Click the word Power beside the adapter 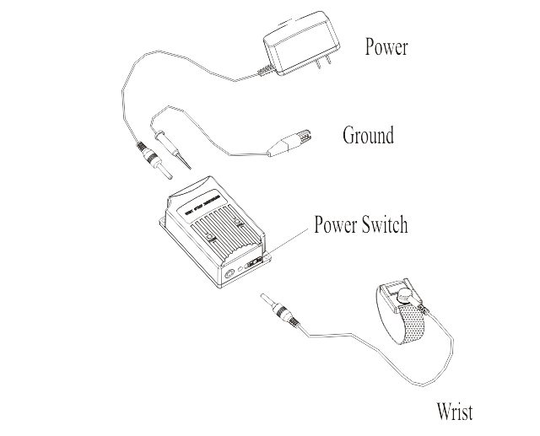pyautogui.click(x=386, y=46)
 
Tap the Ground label pyautogui.click(x=368, y=135)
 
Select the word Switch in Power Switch pyautogui.click(x=385, y=224)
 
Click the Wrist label pyautogui.click(x=455, y=411)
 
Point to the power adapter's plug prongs pyautogui.click(x=324, y=62)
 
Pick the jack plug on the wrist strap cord pyautogui.click(x=280, y=310)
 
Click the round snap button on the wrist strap pyautogui.click(x=405, y=296)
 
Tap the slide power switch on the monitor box pyautogui.click(x=253, y=263)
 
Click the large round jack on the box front pyautogui.click(x=229, y=274)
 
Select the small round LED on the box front pyautogui.click(x=240, y=270)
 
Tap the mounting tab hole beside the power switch pyautogui.click(x=267, y=257)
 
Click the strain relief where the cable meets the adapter pyautogui.click(x=266, y=71)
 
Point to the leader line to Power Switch pyautogui.click(x=286, y=243)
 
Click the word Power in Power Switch pyautogui.click(x=336, y=224)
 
